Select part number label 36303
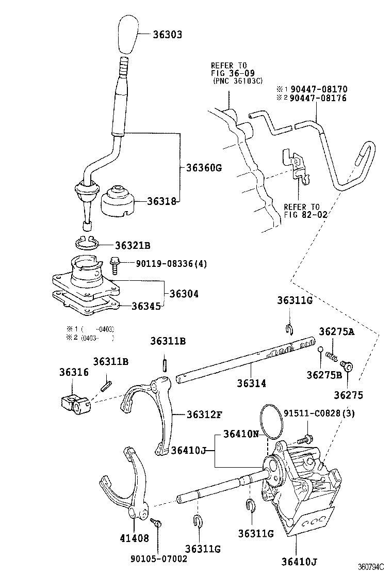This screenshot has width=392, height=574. click(x=168, y=35)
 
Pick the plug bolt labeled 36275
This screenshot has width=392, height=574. click(x=349, y=367)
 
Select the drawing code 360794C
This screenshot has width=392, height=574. click(x=372, y=566)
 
